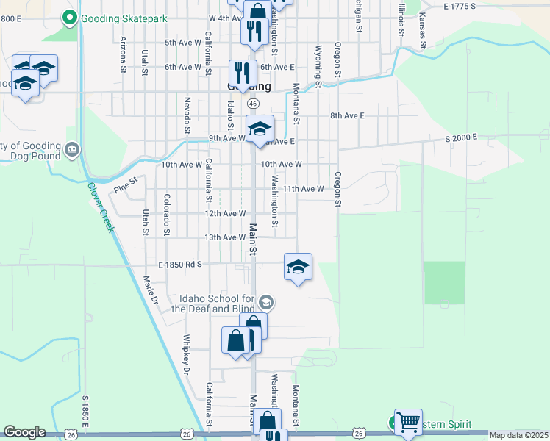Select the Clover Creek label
pos(101,207)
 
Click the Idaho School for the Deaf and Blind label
pos(213,304)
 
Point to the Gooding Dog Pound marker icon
pos(72,151)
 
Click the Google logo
pos(25,432)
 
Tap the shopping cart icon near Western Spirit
pos(408,423)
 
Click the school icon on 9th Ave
pos(259,129)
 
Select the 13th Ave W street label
pos(224,237)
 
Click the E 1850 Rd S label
pos(179,263)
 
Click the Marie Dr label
pos(151,290)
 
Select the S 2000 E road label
pos(461,137)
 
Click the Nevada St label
pos(188,115)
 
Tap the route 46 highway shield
pos(252,103)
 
